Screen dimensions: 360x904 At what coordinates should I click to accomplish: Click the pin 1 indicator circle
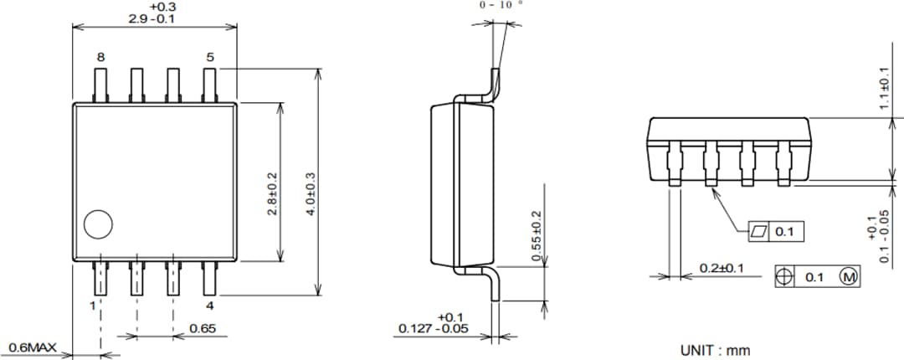(x=98, y=224)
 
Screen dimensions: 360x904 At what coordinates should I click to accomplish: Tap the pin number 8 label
(x=100, y=58)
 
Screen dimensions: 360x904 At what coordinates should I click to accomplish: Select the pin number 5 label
(x=210, y=58)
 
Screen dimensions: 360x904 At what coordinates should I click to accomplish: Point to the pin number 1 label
(x=93, y=306)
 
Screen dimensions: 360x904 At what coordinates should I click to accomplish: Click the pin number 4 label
(x=210, y=306)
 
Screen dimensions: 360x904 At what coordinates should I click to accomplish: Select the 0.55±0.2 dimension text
(x=537, y=236)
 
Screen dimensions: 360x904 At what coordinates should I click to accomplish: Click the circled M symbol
(x=848, y=276)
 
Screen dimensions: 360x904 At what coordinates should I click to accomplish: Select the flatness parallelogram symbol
(x=759, y=231)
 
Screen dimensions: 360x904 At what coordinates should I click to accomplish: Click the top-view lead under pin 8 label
(x=100, y=85)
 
